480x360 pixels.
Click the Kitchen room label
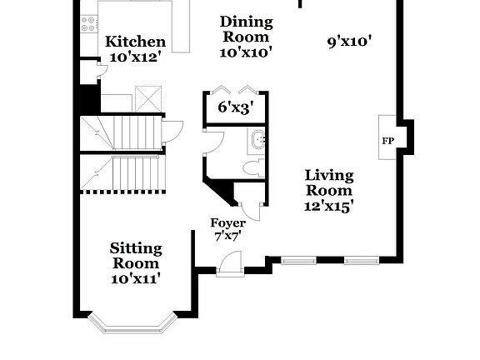click(135, 42)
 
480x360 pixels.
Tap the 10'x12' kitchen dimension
click(135, 58)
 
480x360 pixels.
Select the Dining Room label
click(246, 28)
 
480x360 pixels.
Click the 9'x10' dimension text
click(349, 39)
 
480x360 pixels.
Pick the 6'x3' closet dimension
click(234, 107)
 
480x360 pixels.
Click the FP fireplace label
click(387, 141)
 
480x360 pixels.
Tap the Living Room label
click(328, 183)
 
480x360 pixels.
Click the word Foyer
click(227, 222)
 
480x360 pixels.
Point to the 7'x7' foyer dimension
click(227, 237)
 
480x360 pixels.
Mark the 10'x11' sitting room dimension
click(136, 278)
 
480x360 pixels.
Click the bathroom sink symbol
click(258, 139)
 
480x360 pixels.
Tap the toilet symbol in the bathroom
click(254, 168)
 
